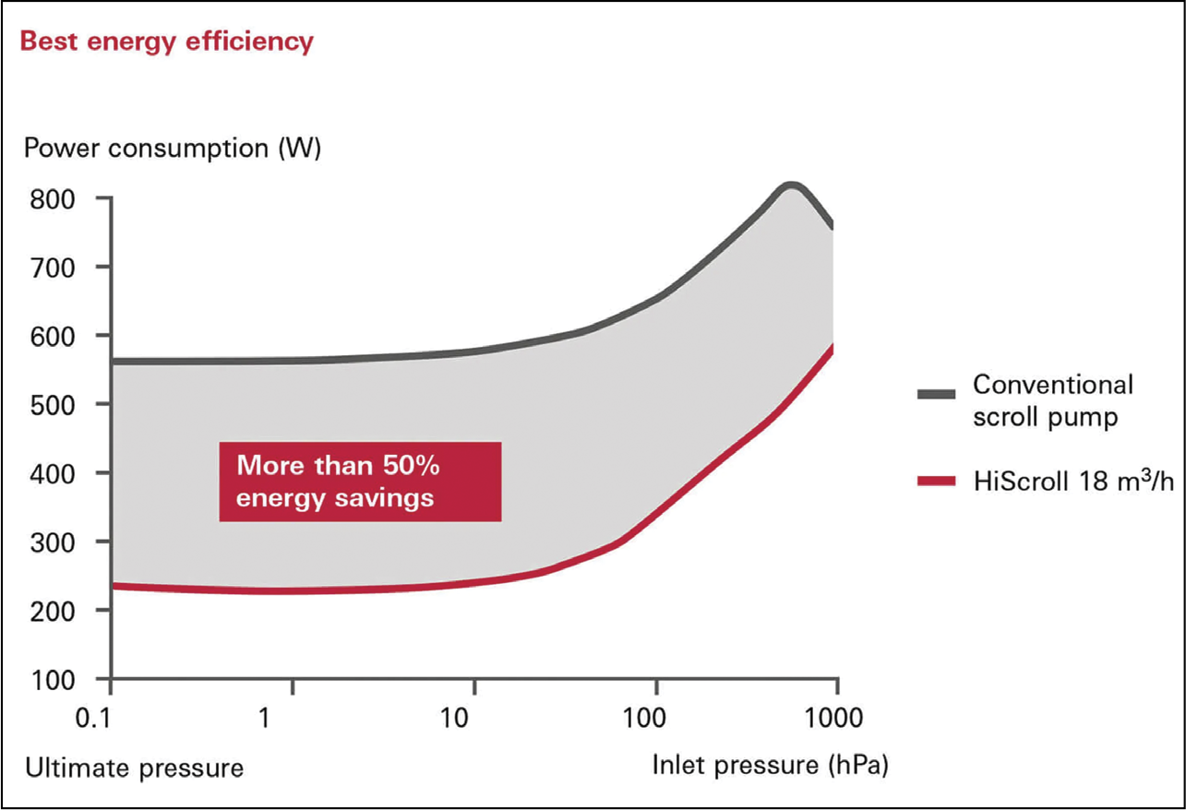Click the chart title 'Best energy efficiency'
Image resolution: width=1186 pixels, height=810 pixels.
[167, 42]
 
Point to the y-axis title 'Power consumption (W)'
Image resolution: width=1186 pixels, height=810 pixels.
[173, 149]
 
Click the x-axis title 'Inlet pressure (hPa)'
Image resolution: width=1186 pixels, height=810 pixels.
[770, 765]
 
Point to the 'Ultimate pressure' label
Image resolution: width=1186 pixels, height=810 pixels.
[135, 767]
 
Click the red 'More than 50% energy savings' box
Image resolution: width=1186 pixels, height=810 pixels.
[360, 482]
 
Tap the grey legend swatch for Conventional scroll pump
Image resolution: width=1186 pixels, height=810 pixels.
[936, 394]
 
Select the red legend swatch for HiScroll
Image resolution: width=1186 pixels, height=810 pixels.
[936, 480]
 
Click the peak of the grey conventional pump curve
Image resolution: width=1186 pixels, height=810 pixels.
[791, 186]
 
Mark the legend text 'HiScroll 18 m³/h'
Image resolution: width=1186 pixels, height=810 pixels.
[1073, 480]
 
